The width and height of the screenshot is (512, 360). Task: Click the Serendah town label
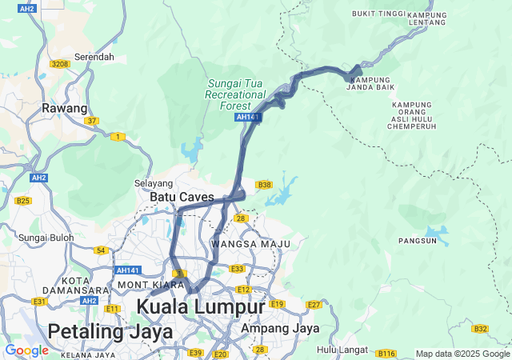[94, 58]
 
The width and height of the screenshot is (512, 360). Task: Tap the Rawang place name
[65, 108]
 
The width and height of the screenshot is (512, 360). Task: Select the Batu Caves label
[182, 197]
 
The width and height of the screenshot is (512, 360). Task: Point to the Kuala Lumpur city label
[200, 307]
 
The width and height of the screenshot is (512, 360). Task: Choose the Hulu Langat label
[342, 350]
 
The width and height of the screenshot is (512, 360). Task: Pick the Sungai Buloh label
[46, 238]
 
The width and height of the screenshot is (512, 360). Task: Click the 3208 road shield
[60, 63]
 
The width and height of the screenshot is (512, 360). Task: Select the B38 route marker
[264, 185]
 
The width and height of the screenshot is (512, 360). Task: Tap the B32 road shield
[480, 329]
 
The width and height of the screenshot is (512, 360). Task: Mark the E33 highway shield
[238, 269]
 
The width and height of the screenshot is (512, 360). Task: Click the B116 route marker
[387, 353]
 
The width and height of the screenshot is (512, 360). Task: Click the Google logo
[26, 350]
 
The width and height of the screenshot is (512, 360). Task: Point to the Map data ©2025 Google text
[462, 354]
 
